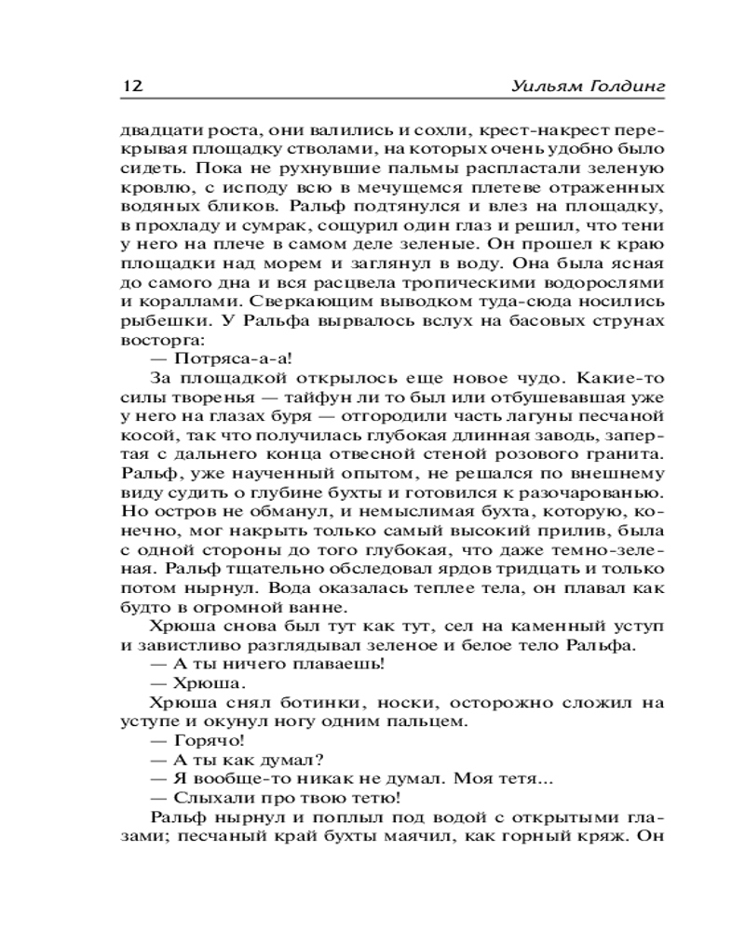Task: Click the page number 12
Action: point(130,86)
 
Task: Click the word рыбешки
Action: point(156,322)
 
